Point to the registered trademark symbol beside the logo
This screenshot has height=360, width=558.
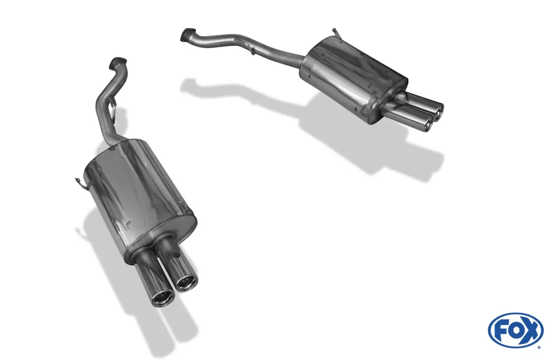[x=538, y=347]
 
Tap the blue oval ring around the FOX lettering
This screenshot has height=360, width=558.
[x=516, y=316]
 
